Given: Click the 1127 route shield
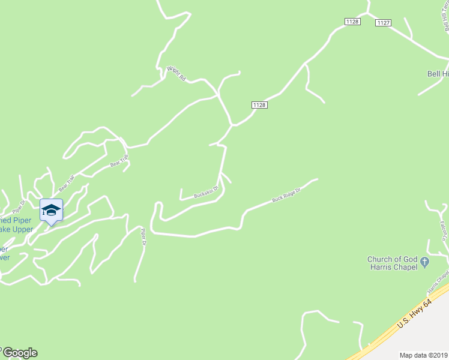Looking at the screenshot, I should click(384, 23).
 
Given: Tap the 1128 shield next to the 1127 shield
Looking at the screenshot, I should click(352, 22).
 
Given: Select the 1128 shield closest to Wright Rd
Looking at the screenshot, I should click(259, 105).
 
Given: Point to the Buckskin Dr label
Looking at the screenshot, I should click(206, 193).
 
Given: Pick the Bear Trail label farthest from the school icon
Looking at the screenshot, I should click(119, 161).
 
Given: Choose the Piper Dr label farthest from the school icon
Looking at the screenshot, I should click(143, 236).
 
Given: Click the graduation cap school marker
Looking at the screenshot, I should click(51, 210).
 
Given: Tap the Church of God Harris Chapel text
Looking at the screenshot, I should click(393, 263).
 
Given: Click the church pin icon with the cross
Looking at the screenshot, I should click(425, 262).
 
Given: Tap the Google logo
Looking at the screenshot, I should click(19, 353).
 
